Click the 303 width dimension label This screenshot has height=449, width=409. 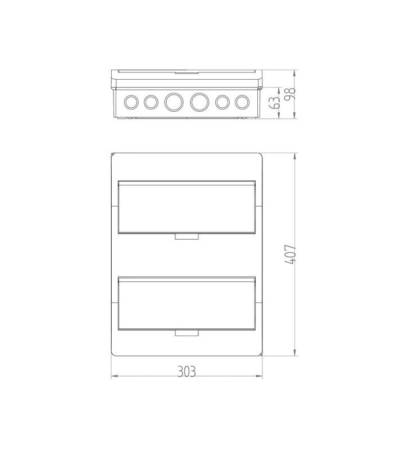[x=187, y=372]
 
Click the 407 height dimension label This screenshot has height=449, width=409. [x=290, y=254]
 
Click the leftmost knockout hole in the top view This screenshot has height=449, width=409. [x=131, y=102]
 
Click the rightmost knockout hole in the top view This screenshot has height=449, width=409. [x=242, y=102]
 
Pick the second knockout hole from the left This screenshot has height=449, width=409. [x=151, y=102]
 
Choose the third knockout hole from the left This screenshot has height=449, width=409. [x=174, y=102]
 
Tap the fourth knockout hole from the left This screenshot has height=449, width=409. [x=199, y=102]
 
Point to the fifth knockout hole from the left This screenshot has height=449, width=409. [x=222, y=102]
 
